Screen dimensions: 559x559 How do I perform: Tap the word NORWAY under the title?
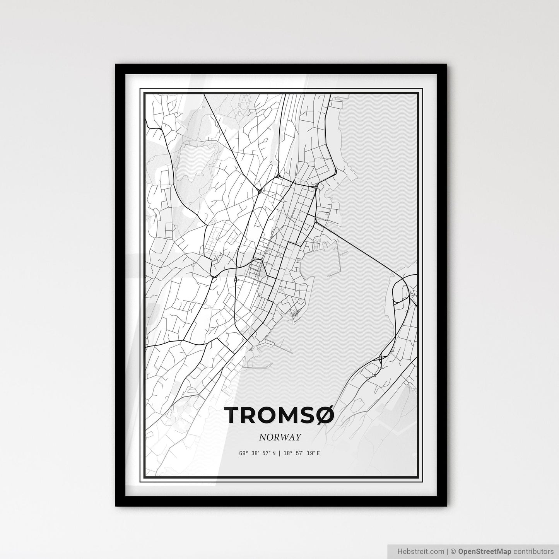280,438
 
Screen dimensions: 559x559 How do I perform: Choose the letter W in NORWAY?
286,438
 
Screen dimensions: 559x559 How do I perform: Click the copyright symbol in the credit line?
453,551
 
